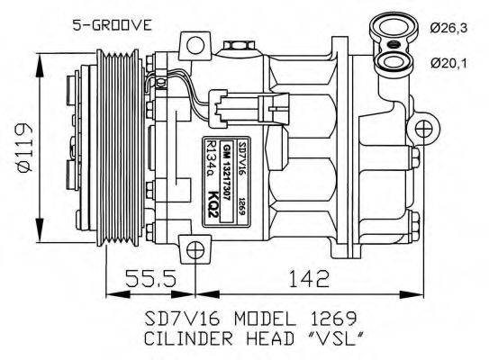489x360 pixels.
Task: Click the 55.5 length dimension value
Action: [x=147, y=281]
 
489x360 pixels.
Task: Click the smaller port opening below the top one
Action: [x=390, y=62]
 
